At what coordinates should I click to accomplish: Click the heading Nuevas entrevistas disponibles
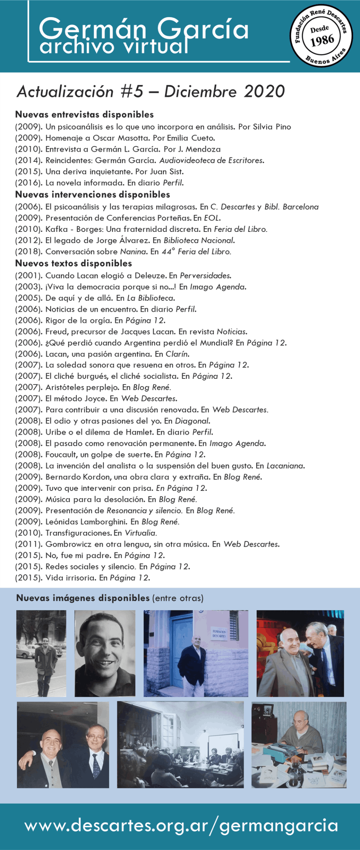pyautogui.click(x=84, y=115)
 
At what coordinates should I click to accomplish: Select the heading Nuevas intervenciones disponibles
pyautogui.click(x=92, y=195)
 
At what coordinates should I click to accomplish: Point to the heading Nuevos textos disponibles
pyautogui.click(x=73, y=263)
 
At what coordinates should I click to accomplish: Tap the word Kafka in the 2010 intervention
pyautogui.click(x=56, y=229)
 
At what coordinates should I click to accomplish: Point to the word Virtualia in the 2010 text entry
pyautogui.click(x=141, y=532)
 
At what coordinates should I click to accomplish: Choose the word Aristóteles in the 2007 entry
pyautogui.click(x=65, y=387)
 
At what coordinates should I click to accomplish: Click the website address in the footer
pyautogui.click(x=181, y=826)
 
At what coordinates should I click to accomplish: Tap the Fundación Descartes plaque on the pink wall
pyautogui.click(x=219, y=634)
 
